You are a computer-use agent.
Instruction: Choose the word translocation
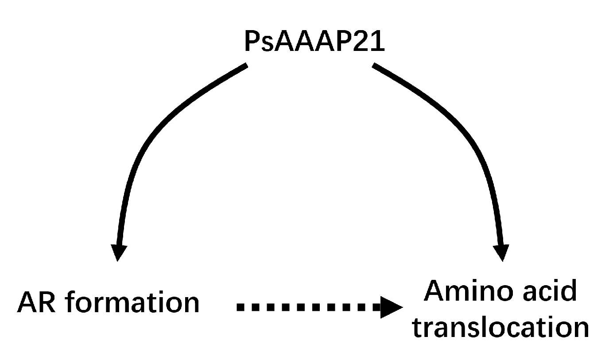click(500, 328)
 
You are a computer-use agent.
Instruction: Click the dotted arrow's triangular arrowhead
click(391, 307)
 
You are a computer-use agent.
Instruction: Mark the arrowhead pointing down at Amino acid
click(503, 252)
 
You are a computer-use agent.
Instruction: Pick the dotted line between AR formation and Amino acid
click(306, 307)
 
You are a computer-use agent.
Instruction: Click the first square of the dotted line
click(241, 307)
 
